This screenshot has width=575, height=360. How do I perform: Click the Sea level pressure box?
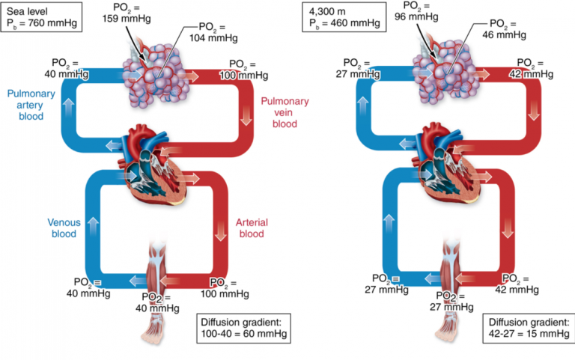click(x=41, y=17)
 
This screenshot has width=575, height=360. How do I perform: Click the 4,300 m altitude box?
click(x=344, y=17)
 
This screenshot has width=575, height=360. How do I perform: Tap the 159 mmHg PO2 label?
click(x=127, y=13)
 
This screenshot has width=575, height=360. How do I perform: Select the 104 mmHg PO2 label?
click(x=213, y=32)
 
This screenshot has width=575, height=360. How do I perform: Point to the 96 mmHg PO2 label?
click(x=416, y=11)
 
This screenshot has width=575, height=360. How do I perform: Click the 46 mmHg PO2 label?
click(x=504, y=29)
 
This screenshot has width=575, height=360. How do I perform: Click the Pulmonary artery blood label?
click(x=31, y=105)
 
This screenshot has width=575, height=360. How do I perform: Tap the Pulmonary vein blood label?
click(x=285, y=112)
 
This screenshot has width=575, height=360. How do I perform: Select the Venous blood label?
click(x=64, y=228)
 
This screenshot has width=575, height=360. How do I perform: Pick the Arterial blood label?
click(x=252, y=228)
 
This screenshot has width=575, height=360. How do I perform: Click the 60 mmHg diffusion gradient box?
click(x=244, y=328)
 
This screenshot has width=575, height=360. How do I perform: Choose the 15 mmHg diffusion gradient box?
click(x=529, y=328)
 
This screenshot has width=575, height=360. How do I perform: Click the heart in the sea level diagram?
click(x=151, y=165)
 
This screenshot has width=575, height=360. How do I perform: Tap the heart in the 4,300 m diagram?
click(x=446, y=162)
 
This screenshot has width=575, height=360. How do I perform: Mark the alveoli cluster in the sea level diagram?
click(x=156, y=75)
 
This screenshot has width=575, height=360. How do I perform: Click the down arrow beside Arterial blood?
click(x=220, y=231)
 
